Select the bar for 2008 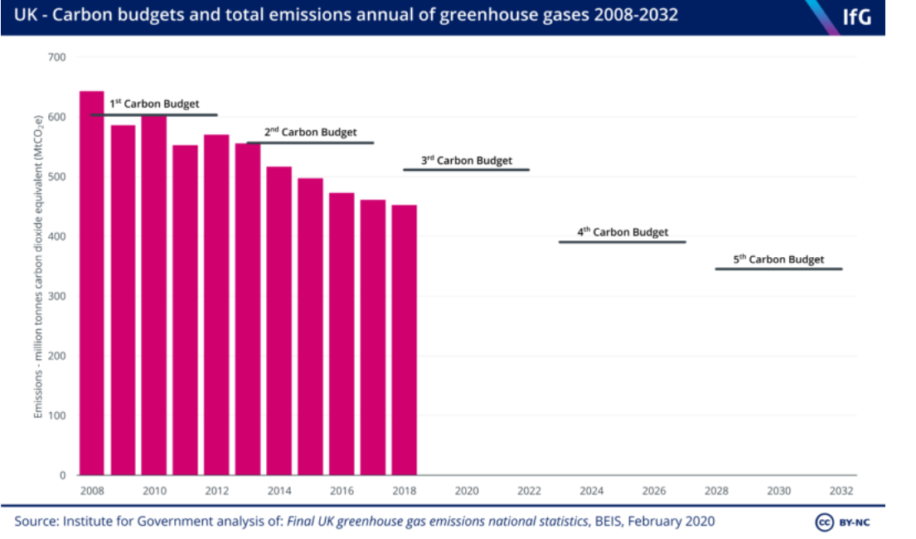click(92, 283)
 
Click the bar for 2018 click(405, 340)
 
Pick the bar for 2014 click(279, 321)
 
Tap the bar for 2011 click(185, 310)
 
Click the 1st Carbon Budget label click(154, 104)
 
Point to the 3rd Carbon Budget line click(466, 169)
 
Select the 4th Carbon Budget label click(623, 231)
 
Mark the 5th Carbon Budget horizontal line click(778, 269)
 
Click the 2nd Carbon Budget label click(310, 132)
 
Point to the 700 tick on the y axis click(56, 57)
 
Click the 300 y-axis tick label click(56, 296)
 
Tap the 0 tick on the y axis click(62, 475)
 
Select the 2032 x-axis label click(841, 491)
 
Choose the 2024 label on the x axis click(591, 491)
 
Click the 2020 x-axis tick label click(467, 491)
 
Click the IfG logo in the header click(856, 17)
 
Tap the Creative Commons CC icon click(824, 522)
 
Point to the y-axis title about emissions click(38, 266)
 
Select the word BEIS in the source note click(608, 521)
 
